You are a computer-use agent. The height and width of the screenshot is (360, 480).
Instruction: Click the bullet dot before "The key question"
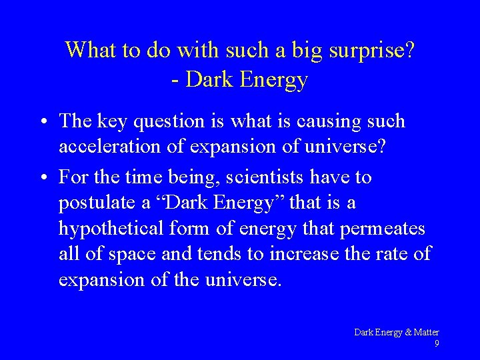click(41, 122)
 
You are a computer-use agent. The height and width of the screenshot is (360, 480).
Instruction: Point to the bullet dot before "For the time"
click(41, 178)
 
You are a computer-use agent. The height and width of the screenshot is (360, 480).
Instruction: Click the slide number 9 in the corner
click(436, 343)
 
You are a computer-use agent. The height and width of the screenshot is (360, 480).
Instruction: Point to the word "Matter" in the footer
click(426, 332)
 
